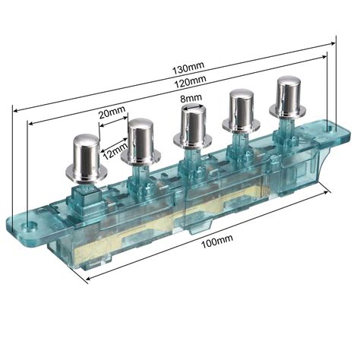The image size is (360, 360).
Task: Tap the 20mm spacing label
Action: [x=112, y=112]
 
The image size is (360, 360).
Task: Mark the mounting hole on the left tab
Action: [x=30, y=226]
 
